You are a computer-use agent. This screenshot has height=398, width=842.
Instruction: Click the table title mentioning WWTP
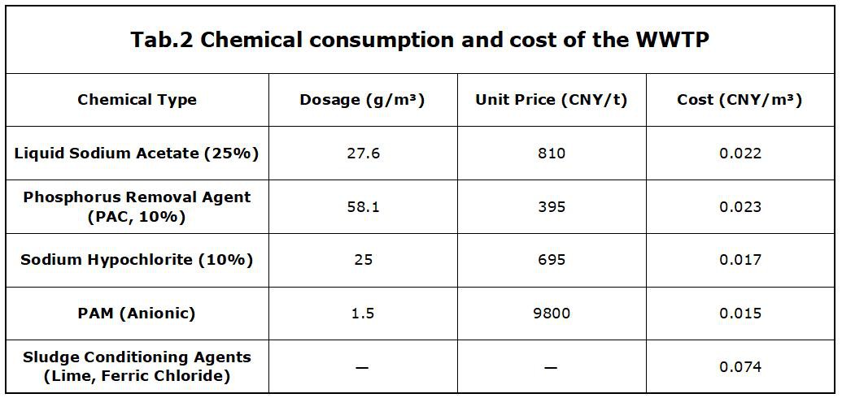click(x=420, y=41)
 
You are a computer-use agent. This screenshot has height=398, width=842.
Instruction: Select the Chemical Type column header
click(x=137, y=100)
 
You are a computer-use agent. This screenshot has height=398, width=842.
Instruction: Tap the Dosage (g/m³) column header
click(x=363, y=100)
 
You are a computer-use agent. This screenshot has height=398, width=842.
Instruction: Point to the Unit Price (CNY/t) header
click(x=552, y=100)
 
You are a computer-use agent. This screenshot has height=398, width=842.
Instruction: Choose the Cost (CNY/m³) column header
click(x=739, y=100)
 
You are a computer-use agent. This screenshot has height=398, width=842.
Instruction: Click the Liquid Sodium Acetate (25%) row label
click(x=137, y=153)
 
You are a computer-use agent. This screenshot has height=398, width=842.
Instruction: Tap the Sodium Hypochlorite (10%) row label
click(x=137, y=260)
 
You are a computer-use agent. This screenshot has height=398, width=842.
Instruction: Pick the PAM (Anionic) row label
click(x=137, y=314)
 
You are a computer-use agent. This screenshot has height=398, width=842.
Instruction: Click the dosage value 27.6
click(x=363, y=153)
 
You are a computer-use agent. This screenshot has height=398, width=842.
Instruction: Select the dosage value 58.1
click(x=363, y=206)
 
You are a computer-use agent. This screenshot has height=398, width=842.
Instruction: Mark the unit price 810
click(x=552, y=153)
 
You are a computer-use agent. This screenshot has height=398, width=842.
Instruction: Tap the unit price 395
click(x=552, y=206)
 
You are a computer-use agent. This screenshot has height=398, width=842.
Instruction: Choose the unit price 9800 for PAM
click(x=552, y=314)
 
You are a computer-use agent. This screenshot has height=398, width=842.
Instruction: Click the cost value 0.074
click(x=740, y=367)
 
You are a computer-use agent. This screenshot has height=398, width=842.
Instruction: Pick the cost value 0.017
click(x=740, y=260)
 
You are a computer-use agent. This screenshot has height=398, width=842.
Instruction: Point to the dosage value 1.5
click(x=363, y=314)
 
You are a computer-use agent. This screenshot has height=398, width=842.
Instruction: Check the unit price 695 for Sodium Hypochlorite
click(x=552, y=260)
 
